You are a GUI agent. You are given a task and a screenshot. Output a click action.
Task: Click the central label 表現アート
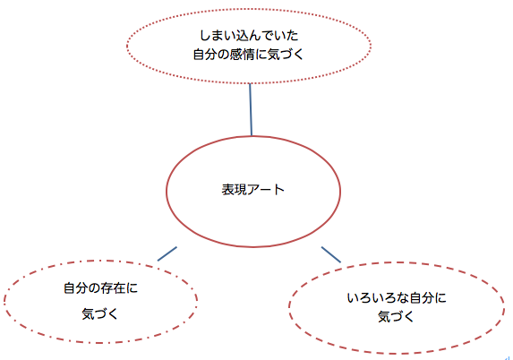pyautogui.click(x=252, y=190)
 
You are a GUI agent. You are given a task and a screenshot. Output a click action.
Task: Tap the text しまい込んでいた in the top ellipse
pyautogui.click(x=249, y=35)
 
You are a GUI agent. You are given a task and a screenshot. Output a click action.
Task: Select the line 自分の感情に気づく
pyautogui.click(x=249, y=55)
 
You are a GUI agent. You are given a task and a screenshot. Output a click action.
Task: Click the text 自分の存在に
pyautogui.click(x=100, y=288)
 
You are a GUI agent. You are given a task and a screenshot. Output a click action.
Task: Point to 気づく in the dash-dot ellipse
pyautogui.click(x=99, y=314)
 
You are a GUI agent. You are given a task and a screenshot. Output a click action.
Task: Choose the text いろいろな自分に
pyautogui.click(x=397, y=298)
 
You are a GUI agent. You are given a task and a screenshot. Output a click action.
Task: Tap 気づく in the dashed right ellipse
pyautogui.click(x=396, y=317)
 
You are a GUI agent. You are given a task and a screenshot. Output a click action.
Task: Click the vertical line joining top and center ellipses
pyautogui.click(x=251, y=109)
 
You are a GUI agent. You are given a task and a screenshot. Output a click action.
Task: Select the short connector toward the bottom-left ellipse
pyautogui.click(x=167, y=254)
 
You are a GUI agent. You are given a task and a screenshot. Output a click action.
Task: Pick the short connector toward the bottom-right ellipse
pyautogui.click(x=331, y=254)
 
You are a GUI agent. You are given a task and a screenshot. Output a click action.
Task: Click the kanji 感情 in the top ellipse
pyautogui.click(x=242, y=55)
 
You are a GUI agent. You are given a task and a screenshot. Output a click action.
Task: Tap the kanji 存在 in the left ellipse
pyautogui.click(x=113, y=288)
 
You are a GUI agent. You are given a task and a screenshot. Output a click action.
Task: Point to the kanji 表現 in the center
pyautogui.click(x=234, y=190)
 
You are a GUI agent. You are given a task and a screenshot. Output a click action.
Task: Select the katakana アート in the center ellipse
pyautogui.click(x=266, y=190)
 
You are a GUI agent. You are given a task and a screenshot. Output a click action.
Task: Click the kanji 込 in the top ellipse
pyautogui.click(x=243, y=35)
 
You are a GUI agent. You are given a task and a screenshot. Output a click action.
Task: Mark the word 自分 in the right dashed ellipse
pyautogui.click(x=422, y=298)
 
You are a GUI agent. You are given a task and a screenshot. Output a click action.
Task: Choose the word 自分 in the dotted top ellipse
pyautogui.click(x=205, y=55)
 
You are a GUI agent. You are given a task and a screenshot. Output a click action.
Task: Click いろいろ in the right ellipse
pyautogui.click(x=372, y=298)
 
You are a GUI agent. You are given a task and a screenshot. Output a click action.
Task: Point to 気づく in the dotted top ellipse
pyautogui.click(x=286, y=55)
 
